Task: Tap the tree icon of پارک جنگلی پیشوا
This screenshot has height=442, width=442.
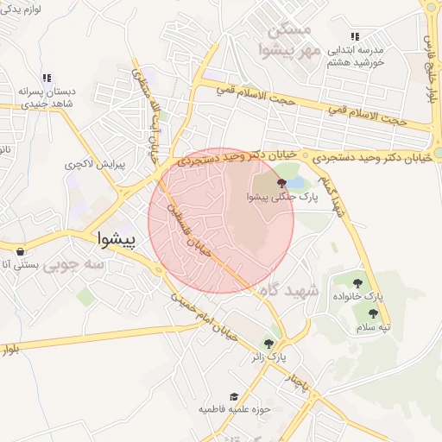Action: [x=281, y=182]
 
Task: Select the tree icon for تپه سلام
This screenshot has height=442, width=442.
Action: [x=373, y=314]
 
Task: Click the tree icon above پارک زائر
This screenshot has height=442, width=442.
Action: [x=275, y=343]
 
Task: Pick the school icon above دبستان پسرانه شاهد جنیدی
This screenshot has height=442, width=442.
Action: [x=47, y=78]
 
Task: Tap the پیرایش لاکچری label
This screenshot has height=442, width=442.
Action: [x=95, y=163]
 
